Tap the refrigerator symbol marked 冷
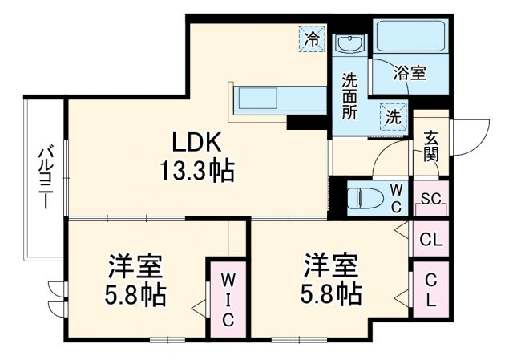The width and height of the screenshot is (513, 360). tap(311, 37)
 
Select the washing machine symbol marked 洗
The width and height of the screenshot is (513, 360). tap(393, 115)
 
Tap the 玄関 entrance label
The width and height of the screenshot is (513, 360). tap(431, 146)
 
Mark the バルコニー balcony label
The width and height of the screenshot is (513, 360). tap(45, 176)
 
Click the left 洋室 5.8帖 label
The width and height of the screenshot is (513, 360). tap(135, 281)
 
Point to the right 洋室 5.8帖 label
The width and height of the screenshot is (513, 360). tap(330, 281)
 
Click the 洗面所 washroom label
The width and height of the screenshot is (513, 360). tap(350, 95)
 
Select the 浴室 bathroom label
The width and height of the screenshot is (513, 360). tap(409, 73)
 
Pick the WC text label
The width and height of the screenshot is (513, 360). tap(397, 196)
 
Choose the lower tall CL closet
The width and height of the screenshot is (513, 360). tap(431, 290)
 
